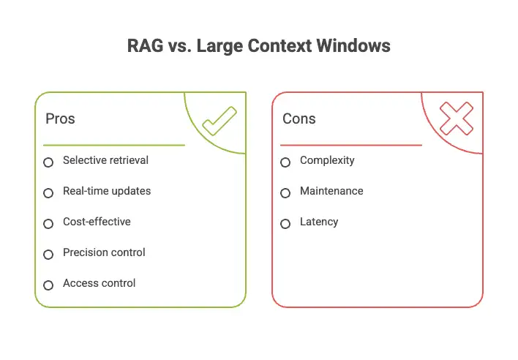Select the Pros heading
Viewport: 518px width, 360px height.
click(60, 119)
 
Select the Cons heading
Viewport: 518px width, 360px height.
click(299, 119)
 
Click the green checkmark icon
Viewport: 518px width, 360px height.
click(219, 121)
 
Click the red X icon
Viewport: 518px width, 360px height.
click(457, 119)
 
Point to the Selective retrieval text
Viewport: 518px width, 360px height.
click(105, 160)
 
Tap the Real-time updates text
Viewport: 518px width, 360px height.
click(107, 191)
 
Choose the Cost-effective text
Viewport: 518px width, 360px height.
click(97, 222)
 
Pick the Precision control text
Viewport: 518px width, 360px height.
click(104, 252)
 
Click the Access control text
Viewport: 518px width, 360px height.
click(100, 283)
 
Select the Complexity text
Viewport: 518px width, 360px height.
click(327, 160)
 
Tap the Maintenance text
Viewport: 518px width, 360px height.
click(331, 191)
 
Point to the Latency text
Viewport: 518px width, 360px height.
click(319, 222)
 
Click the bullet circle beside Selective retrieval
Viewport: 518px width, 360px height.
click(48, 162)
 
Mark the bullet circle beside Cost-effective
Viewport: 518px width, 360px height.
click(48, 224)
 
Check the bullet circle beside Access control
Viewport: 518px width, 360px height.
click(48, 285)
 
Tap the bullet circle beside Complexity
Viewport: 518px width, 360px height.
click(285, 162)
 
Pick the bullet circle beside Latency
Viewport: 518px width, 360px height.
click(285, 224)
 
